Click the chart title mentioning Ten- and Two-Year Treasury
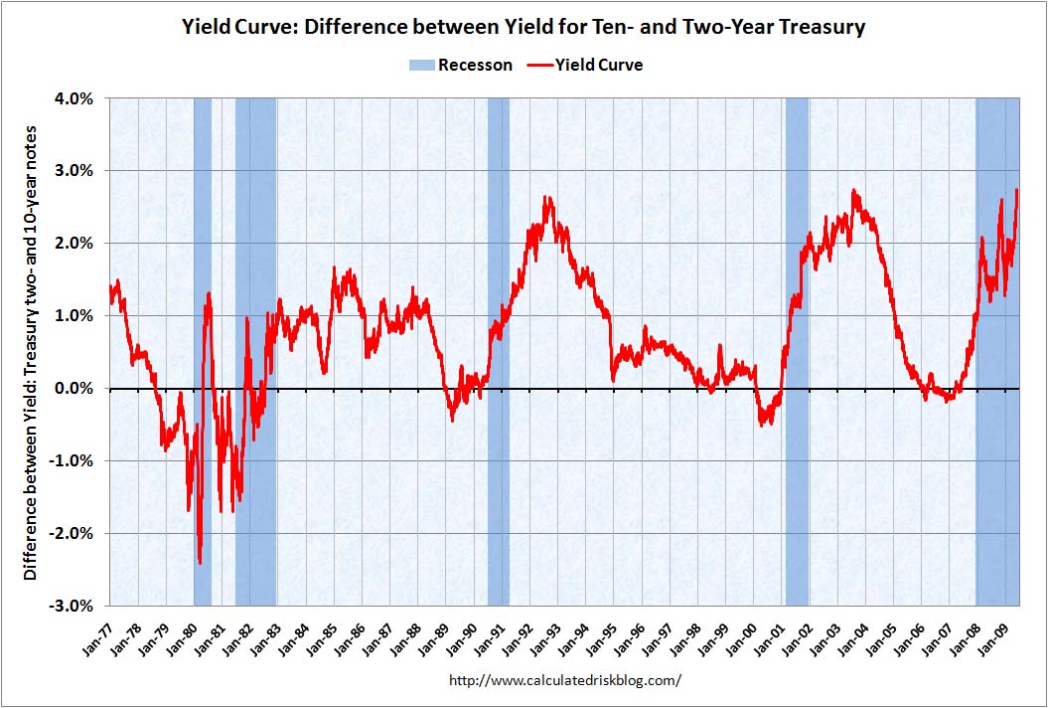[x=524, y=27]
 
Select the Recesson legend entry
[x=461, y=65]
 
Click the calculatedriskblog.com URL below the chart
[x=565, y=681]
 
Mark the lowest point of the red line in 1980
[x=201, y=563]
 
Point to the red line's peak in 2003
[x=853, y=191]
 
